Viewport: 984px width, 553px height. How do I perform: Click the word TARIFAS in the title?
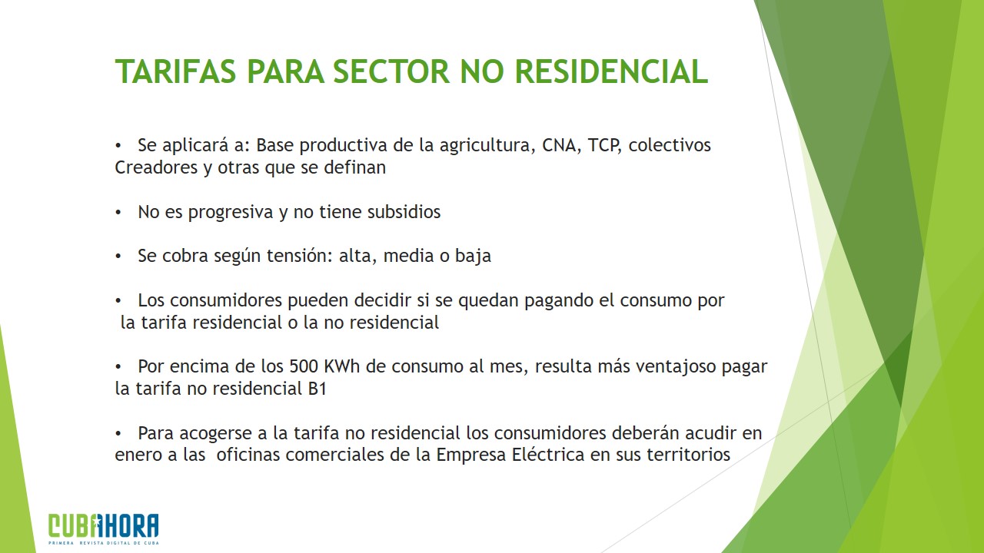pyautogui.click(x=176, y=71)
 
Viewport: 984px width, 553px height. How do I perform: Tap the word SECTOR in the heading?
pyautogui.click(x=391, y=71)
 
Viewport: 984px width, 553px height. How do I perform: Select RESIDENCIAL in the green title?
pyautogui.click(x=611, y=71)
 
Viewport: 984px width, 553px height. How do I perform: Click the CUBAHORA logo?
pyautogui.click(x=104, y=529)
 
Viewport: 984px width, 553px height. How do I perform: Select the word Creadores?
pyautogui.click(x=156, y=167)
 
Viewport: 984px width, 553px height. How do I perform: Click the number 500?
pyautogui.click(x=304, y=366)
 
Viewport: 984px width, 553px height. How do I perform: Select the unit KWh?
pyautogui.click(x=341, y=366)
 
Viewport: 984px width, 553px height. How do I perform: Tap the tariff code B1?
pyautogui.click(x=317, y=389)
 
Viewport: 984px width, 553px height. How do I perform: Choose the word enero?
pyautogui.click(x=138, y=455)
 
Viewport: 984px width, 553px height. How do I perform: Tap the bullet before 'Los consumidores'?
pyautogui.click(x=118, y=301)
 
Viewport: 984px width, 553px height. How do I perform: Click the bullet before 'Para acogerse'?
pyautogui.click(x=118, y=434)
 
